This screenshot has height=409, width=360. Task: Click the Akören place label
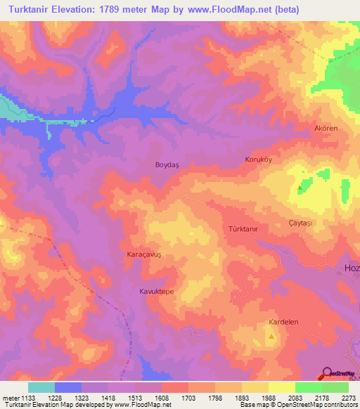click(x=326, y=129)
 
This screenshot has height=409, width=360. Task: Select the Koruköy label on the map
click(x=257, y=160)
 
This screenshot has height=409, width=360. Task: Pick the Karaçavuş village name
click(x=144, y=254)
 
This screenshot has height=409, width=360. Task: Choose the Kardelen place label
click(x=284, y=323)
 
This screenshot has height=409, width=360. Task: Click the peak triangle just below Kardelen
click(x=272, y=337)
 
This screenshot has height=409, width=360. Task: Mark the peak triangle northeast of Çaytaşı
click(x=302, y=188)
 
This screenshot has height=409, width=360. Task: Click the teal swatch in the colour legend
click(x=41, y=387)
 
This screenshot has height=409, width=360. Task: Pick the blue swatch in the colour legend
click(x=68, y=387)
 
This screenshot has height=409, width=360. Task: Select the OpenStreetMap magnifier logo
click(x=327, y=373)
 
